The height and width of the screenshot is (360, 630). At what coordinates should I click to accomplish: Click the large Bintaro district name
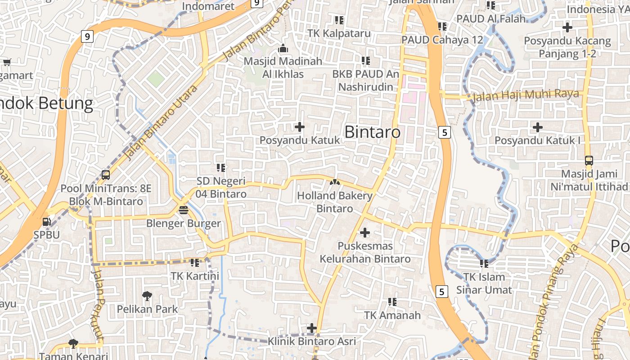[x=372, y=132]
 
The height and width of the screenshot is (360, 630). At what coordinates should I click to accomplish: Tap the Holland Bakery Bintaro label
[x=335, y=202]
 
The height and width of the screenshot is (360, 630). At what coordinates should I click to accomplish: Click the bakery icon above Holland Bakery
[x=335, y=182]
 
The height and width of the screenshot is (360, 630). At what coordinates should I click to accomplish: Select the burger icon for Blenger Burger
[x=183, y=210]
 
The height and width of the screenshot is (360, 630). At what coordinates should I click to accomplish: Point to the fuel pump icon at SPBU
[x=46, y=221]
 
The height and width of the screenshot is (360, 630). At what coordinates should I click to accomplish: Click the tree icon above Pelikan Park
[x=147, y=296]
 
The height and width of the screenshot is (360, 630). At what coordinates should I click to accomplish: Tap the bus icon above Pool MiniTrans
[x=106, y=175]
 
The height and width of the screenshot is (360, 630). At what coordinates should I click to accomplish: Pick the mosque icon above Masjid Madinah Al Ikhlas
[x=283, y=47]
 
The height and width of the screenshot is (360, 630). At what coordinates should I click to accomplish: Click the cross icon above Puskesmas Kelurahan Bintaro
[x=365, y=233]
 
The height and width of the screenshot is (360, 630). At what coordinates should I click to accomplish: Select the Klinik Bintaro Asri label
[x=312, y=341]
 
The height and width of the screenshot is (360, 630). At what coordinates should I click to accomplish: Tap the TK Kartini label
[x=195, y=276]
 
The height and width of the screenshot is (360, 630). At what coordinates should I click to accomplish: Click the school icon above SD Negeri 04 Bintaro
[x=221, y=168]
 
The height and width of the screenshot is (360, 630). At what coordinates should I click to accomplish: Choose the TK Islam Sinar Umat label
[x=484, y=283]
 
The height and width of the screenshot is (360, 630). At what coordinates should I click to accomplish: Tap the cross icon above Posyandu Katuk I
[x=537, y=127]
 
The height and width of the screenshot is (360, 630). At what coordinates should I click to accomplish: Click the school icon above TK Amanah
[x=392, y=301]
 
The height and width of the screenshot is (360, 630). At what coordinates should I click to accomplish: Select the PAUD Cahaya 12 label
[x=442, y=40]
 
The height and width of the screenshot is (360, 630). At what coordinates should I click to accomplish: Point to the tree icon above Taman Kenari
[x=73, y=344]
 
